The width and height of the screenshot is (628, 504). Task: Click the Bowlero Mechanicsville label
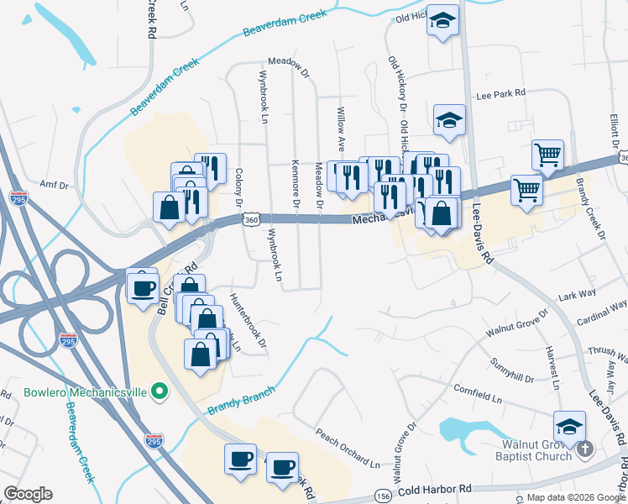75,391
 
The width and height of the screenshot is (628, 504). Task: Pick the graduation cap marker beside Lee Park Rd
449,120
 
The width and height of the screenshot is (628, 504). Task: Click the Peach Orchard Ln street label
348,449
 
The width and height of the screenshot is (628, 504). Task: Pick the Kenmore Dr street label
296,184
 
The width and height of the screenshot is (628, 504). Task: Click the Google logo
28,494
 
